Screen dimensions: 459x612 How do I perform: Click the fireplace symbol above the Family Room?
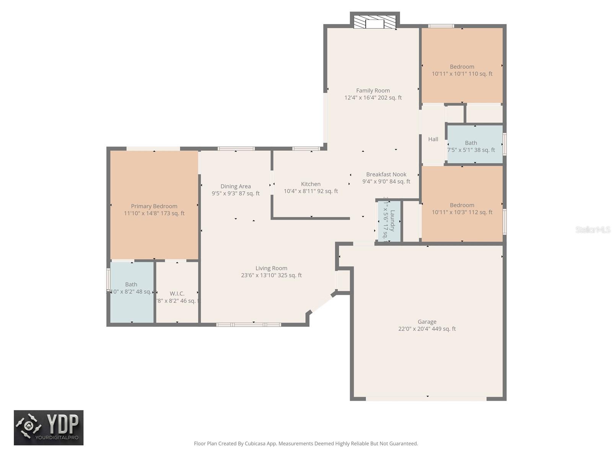click(374, 23)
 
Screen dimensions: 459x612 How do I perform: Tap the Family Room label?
click(373, 91)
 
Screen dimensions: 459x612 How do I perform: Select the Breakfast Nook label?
click(386, 174)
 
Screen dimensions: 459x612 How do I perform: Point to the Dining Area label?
click(236, 186)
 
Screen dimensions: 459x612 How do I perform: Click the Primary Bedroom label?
click(154, 206)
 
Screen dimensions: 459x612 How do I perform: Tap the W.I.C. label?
click(177, 293)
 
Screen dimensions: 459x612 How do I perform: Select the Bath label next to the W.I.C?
click(131, 284)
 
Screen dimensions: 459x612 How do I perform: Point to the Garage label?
click(427, 322)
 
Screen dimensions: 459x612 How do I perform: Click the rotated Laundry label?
click(392, 221)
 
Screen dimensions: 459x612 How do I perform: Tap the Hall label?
click(433, 139)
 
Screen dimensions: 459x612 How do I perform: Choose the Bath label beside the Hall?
click(471, 143)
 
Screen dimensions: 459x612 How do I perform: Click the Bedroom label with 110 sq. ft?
click(462, 67)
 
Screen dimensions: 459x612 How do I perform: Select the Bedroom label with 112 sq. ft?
click(462, 205)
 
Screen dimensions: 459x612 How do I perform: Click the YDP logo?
click(49, 428)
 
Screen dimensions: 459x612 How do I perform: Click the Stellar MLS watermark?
click(593, 229)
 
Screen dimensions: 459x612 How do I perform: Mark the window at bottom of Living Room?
click(249, 325)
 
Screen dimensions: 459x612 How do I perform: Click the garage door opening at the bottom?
click(426, 399)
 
